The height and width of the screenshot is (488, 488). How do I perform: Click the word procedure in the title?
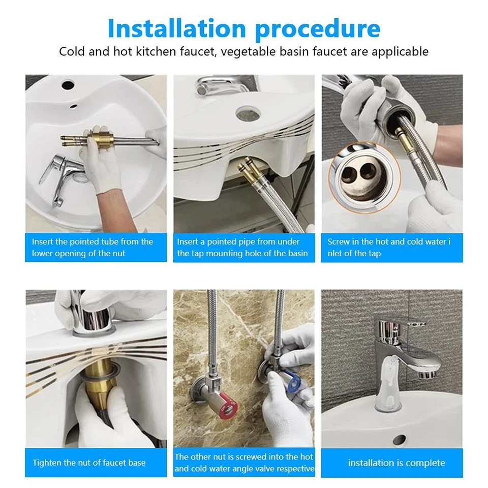click(x=318, y=29)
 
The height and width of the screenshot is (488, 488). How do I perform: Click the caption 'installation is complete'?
click(x=396, y=463)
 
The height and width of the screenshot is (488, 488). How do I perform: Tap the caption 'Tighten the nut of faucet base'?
click(x=89, y=463)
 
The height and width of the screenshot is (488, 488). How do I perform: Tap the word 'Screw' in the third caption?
click(x=339, y=241)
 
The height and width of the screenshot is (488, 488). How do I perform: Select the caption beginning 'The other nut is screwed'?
click(x=244, y=463)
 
